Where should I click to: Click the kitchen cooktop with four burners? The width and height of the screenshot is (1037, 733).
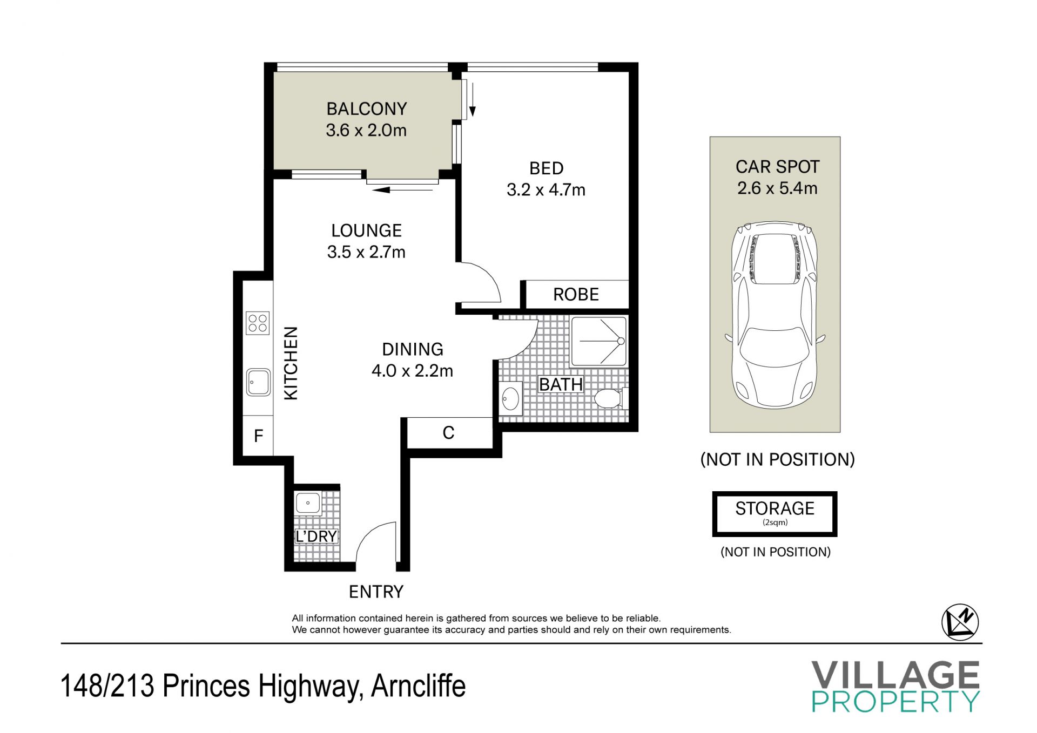tap(258, 323)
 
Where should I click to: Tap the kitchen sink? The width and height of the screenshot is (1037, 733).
tap(258, 382)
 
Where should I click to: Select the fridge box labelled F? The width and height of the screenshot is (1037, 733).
tap(258, 435)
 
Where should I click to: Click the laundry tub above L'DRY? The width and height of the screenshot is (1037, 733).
tap(308, 503)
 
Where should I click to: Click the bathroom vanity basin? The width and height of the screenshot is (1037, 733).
tap(510, 399)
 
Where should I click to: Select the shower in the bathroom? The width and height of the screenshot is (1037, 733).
tap(600, 341)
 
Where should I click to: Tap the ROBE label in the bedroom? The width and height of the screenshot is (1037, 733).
tap(576, 295)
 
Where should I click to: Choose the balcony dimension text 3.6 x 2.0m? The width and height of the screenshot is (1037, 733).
tap(366, 130)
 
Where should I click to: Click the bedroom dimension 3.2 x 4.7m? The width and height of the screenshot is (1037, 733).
tap(546, 189)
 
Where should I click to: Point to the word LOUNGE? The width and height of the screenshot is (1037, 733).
tap(366, 230)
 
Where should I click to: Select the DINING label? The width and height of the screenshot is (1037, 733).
tap(413, 349)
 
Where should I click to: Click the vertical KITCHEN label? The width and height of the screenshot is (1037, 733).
tap(291, 363)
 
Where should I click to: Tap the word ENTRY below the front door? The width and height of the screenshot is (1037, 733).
tap(376, 592)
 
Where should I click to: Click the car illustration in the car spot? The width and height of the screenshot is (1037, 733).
tap(775, 314)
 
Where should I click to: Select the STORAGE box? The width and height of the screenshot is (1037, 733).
tap(775, 514)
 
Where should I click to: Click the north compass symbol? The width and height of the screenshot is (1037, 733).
tap(960, 622)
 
